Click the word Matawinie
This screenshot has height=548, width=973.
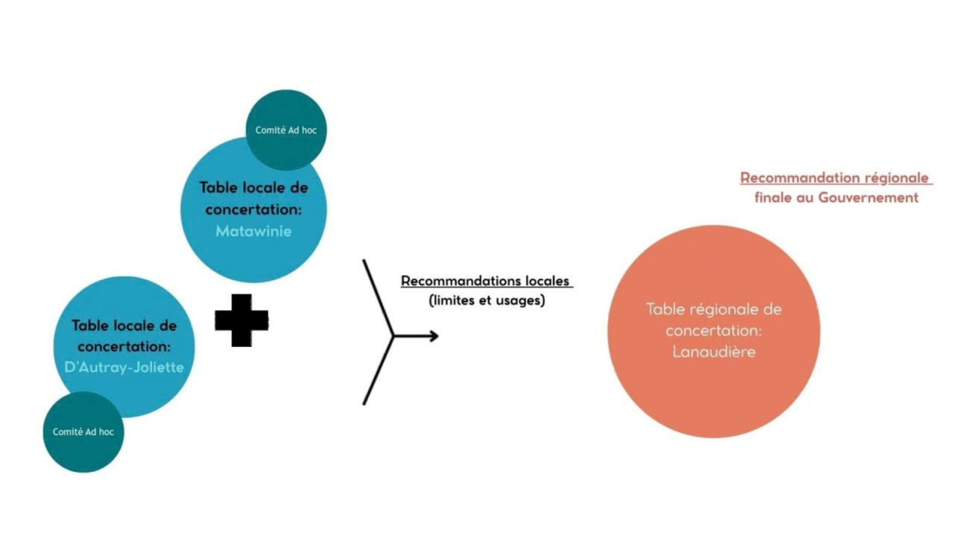click(253, 231)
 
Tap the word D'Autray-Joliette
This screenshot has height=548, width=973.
click(124, 367)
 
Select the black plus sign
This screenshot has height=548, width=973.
click(241, 320)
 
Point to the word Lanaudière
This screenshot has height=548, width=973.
click(713, 351)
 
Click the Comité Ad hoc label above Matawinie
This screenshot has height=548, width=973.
click(286, 130)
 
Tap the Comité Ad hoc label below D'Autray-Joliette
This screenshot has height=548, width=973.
click(83, 432)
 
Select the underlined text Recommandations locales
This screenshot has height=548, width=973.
click(485, 281)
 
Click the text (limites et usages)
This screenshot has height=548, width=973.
click(486, 300)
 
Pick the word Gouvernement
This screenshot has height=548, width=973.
click(868, 197)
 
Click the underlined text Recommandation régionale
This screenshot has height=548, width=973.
click(834, 178)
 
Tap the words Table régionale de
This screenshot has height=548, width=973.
click(713, 309)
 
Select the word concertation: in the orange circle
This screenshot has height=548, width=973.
click(713, 331)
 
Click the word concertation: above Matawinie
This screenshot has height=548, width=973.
click(253, 209)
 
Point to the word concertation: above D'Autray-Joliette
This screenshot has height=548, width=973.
click(124, 346)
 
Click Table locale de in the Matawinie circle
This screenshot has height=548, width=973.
click(254, 188)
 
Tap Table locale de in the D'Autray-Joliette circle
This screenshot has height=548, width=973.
click(124, 326)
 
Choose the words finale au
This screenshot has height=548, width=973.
click(784, 197)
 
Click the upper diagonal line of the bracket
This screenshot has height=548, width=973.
click(378, 298)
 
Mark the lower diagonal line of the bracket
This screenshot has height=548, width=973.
click(378, 370)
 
